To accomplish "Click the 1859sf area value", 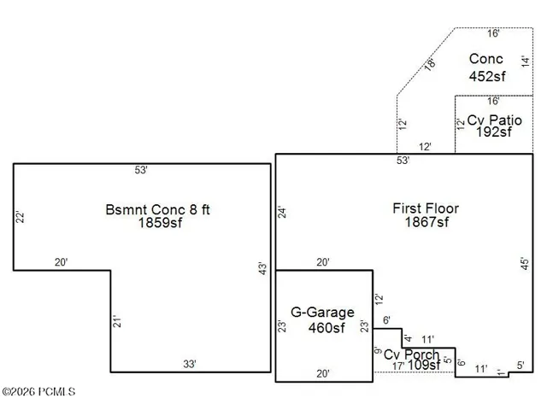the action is [x=160, y=222].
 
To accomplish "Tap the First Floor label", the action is [x=426, y=208].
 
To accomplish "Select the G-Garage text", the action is [x=322, y=312].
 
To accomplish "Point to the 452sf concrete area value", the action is [x=487, y=76].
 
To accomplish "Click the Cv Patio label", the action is [x=494, y=120].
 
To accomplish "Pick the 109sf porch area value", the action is [x=424, y=365].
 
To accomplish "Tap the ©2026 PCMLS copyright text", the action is [x=38, y=392].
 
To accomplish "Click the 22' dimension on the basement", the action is [x=21, y=217].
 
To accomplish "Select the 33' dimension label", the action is [x=190, y=364].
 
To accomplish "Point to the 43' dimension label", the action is [x=262, y=268].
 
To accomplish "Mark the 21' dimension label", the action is [x=117, y=321].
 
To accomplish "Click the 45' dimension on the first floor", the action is [x=525, y=264].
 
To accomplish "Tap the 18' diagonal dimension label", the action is [x=430, y=65].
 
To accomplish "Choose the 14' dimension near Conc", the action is [x=525, y=61].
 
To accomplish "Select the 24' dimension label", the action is [x=282, y=213].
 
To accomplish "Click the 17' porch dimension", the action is [x=398, y=366].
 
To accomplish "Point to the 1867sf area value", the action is [x=426, y=222].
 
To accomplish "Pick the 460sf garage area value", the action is [x=326, y=328].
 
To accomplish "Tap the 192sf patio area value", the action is [x=494, y=132].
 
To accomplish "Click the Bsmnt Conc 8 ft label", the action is [x=157, y=209].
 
